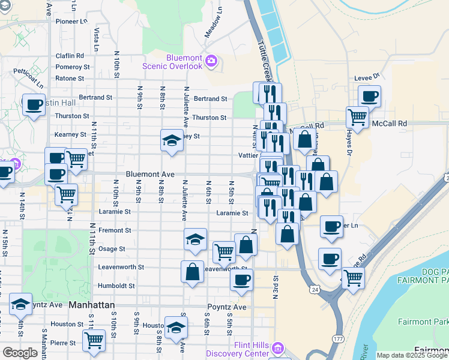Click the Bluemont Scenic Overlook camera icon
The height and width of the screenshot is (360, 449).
[211, 61]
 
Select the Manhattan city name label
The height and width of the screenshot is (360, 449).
[92, 305]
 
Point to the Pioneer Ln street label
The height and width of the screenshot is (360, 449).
[71, 21]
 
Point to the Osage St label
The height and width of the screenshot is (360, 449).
[112, 248]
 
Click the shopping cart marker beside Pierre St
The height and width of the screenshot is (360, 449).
[94, 340]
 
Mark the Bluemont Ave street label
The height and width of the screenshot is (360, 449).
[150, 174]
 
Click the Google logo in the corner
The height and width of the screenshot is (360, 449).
[20, 353]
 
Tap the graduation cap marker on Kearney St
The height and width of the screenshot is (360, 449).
[172, 140]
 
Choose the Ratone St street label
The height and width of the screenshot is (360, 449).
[70, 79]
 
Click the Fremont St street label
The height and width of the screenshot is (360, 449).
[115, 230]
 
